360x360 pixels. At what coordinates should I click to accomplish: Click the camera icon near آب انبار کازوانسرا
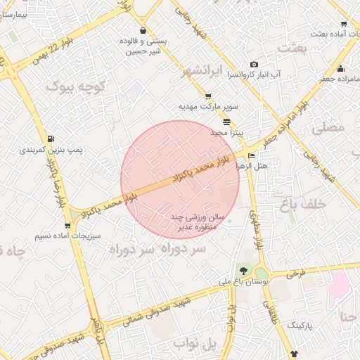[255, 65]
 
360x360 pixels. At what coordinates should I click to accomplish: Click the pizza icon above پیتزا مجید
[226, 122]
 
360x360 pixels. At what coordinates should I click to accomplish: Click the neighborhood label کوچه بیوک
[76, 86]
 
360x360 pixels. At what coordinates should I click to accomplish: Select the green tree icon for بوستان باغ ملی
[243, 270]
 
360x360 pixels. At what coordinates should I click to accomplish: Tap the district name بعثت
[294, 47]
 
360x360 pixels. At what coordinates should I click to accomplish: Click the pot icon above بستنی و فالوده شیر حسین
[143, 31]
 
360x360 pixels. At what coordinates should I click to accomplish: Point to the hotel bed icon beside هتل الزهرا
[252, 155]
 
